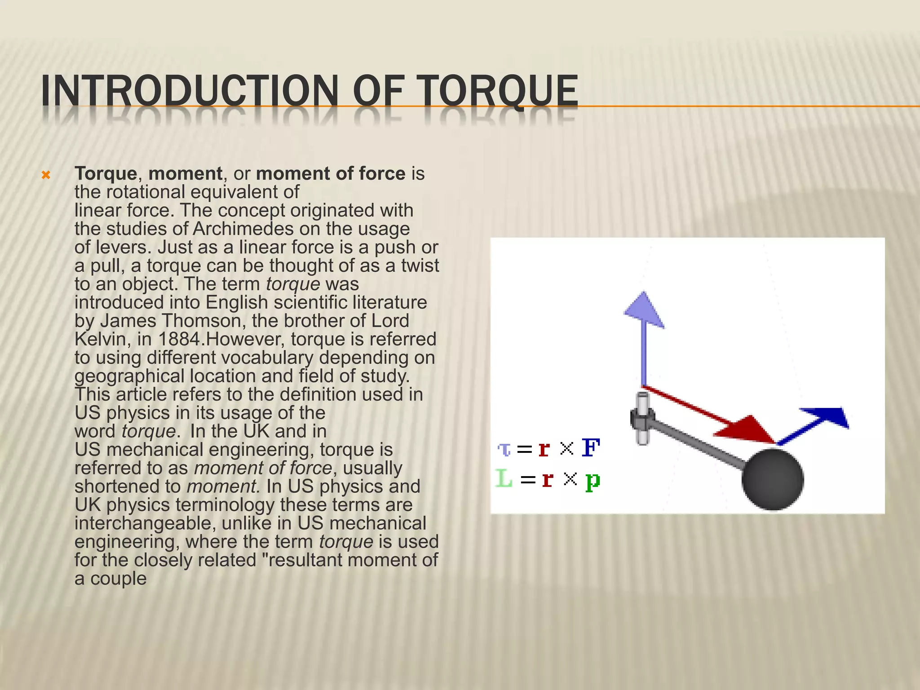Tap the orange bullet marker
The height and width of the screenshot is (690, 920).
(x=45, y=175)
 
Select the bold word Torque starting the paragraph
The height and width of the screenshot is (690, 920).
(x=106, y=174)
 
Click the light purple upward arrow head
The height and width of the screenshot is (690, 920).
(x=644, y=310)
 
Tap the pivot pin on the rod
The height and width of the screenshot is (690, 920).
(x=642, y=418)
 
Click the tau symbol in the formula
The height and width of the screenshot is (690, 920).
(x=504, y=449)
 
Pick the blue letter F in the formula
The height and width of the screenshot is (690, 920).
(x=590, y=448)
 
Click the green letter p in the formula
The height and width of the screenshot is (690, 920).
(x=593, y=481)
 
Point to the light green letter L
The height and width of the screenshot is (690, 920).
(x=504, y=478)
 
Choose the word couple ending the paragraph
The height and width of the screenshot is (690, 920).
(x=118, y=579)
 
